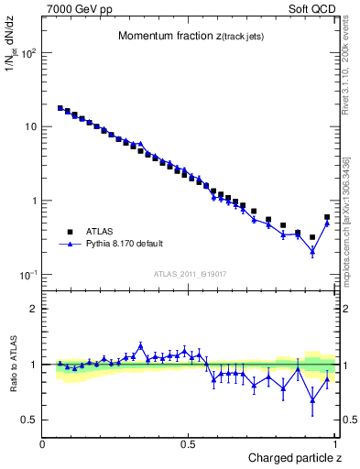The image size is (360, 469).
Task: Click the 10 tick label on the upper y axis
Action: point(29,126)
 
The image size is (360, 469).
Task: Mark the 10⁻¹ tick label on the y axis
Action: point(27,275)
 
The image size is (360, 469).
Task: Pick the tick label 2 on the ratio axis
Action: point(34,309)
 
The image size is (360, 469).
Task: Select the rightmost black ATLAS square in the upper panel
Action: point(327,217)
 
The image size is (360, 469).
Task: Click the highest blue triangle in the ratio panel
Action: point(140,345)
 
